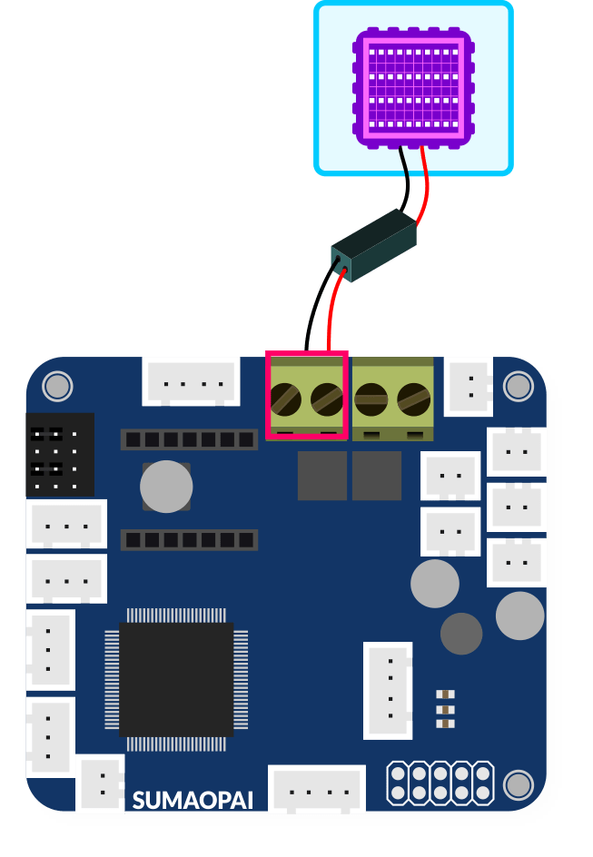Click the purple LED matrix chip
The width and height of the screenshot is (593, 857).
[413, 88]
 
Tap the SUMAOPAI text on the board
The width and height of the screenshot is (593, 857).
[193, 800]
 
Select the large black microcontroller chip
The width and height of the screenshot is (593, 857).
[176, 679]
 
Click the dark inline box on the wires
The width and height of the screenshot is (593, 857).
[374, 243]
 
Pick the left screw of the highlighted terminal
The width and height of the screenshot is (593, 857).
[287, 398]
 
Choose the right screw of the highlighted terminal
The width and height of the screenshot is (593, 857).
[326, 398]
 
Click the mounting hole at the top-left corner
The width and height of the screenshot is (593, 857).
[57, 386]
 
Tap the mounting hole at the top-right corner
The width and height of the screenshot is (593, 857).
[518, 386]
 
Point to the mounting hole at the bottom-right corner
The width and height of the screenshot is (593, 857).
[518, 783]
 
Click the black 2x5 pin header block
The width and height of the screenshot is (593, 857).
[60, 454]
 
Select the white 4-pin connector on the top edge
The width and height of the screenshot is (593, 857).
[191, 381]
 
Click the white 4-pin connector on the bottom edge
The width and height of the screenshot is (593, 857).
[317, 790]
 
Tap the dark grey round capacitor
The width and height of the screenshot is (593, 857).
[461, 634]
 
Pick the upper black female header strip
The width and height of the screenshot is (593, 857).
[189, 440]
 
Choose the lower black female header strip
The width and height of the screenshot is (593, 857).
[189, 540]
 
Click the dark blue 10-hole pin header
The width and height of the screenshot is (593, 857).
[440, 783]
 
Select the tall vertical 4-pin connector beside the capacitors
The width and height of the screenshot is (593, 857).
[389, 690]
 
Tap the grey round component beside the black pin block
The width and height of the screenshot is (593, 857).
[166, 486]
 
